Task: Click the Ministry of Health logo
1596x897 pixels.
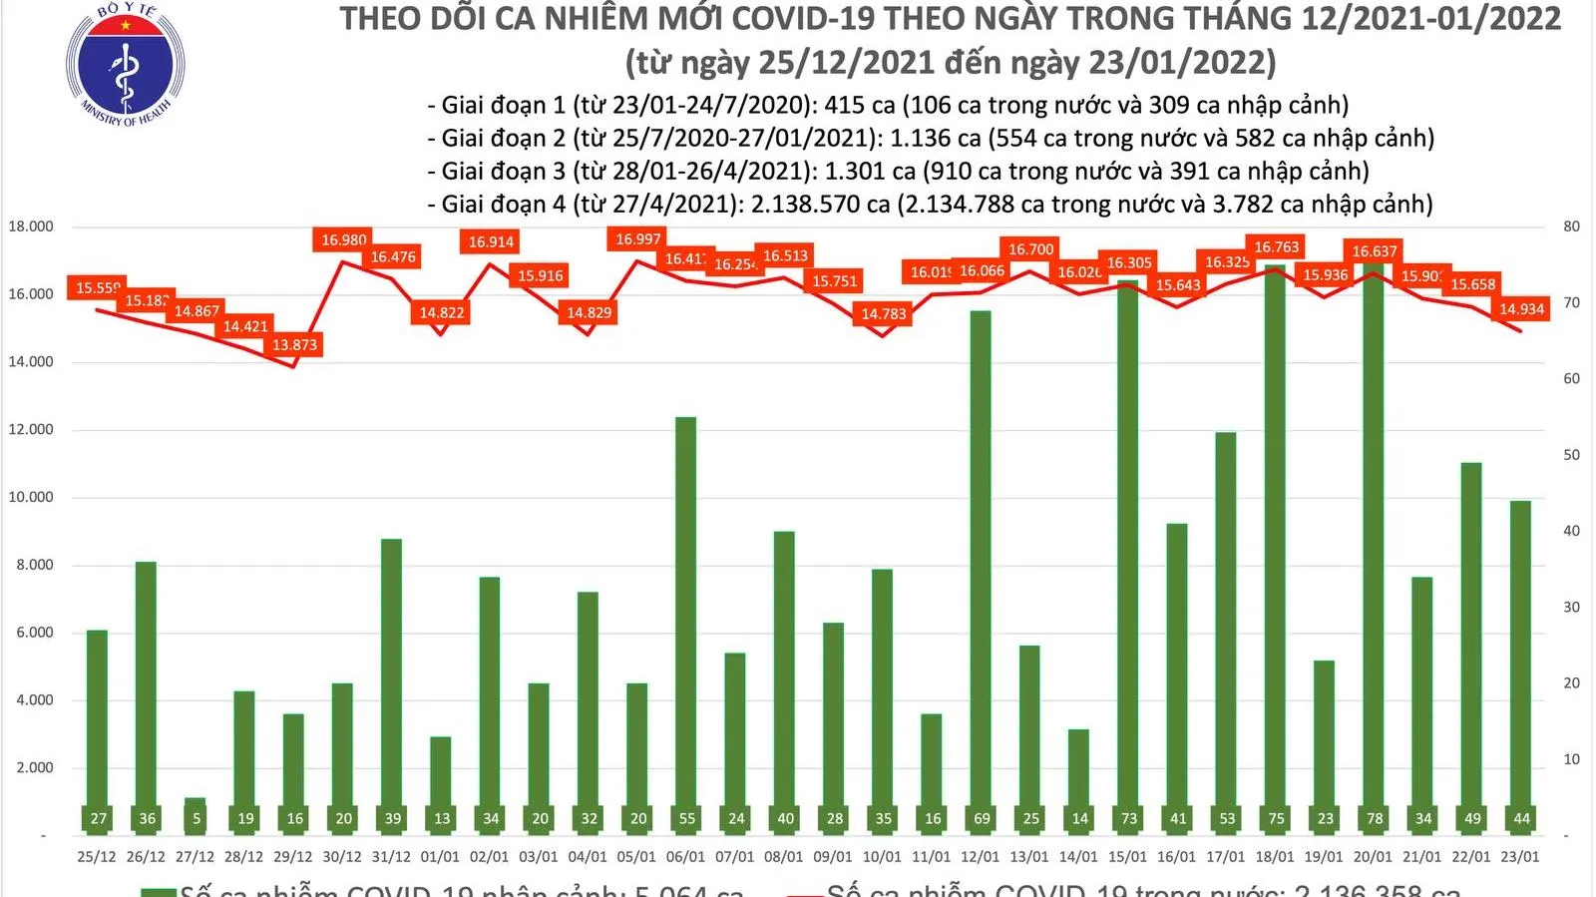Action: pos(125,65)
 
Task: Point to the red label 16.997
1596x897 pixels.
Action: pos(637,238)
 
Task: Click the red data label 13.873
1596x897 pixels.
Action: pos(294,345)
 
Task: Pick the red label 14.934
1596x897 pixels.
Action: pos(1521,309)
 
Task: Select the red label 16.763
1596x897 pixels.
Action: pos(1276,247)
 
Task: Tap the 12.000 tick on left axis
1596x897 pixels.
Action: pos(31,430)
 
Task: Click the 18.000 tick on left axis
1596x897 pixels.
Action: pos(31,226)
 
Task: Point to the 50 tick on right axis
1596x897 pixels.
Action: pos(1571,455)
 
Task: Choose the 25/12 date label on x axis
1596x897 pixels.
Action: pos(97,857)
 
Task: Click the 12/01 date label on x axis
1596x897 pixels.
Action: pos(980,857)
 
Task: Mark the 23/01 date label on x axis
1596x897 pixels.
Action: pos(1519,857)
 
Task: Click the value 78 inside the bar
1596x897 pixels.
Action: pos(1374,819)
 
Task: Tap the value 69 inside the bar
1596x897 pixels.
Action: pos(982,819)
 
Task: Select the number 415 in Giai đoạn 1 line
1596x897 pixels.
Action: pos(843,106)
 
